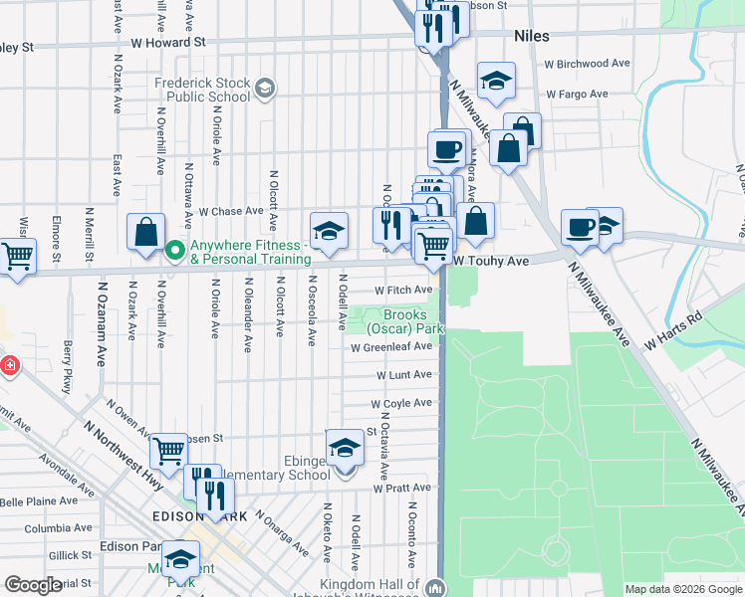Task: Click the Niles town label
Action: coord(532,35)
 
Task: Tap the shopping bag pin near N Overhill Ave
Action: coord(145,232)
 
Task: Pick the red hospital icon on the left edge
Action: coord(9,366)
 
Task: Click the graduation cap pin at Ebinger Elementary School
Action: coord(345,449)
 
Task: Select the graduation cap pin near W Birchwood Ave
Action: coord(495,81)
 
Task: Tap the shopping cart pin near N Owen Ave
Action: coord(168,451)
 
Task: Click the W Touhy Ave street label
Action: coord(490,259)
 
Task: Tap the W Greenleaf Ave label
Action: coord(391,347)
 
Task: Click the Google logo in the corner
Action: coord(33,585)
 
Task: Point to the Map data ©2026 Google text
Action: coord(682,589)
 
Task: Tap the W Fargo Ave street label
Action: coord(575,95)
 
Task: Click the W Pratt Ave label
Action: coord(403,489)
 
